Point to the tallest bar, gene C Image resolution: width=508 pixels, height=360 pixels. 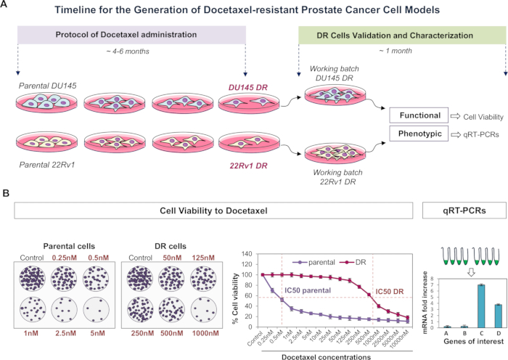459,306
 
